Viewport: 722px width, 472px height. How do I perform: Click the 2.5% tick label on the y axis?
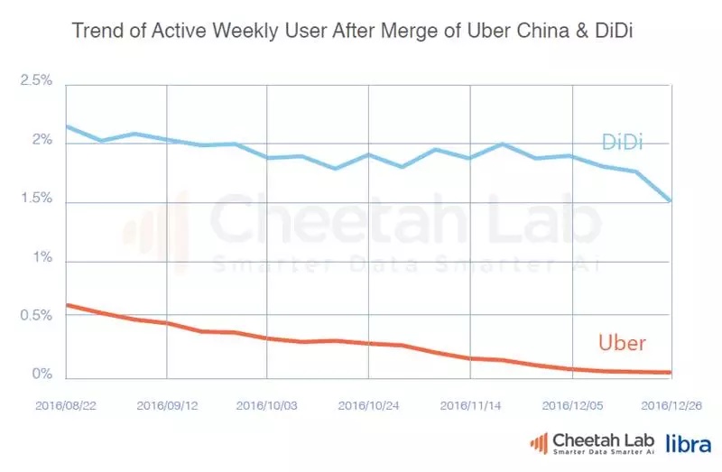36,82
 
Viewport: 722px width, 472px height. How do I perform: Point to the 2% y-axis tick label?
42,142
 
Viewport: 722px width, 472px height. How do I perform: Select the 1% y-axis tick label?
42,259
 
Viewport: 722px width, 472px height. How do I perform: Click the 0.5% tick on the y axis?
36,317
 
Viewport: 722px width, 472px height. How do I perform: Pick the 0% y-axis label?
42,375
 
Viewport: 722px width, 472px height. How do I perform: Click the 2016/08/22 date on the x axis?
65,405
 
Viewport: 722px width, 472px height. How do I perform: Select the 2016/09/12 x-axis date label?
167,405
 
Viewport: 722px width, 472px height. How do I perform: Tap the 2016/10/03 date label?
268,405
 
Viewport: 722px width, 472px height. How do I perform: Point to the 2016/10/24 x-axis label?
369,405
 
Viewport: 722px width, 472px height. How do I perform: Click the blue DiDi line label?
622,143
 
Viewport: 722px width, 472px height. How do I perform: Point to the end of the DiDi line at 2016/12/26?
671,201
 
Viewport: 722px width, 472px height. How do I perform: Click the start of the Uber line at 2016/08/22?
67,305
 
